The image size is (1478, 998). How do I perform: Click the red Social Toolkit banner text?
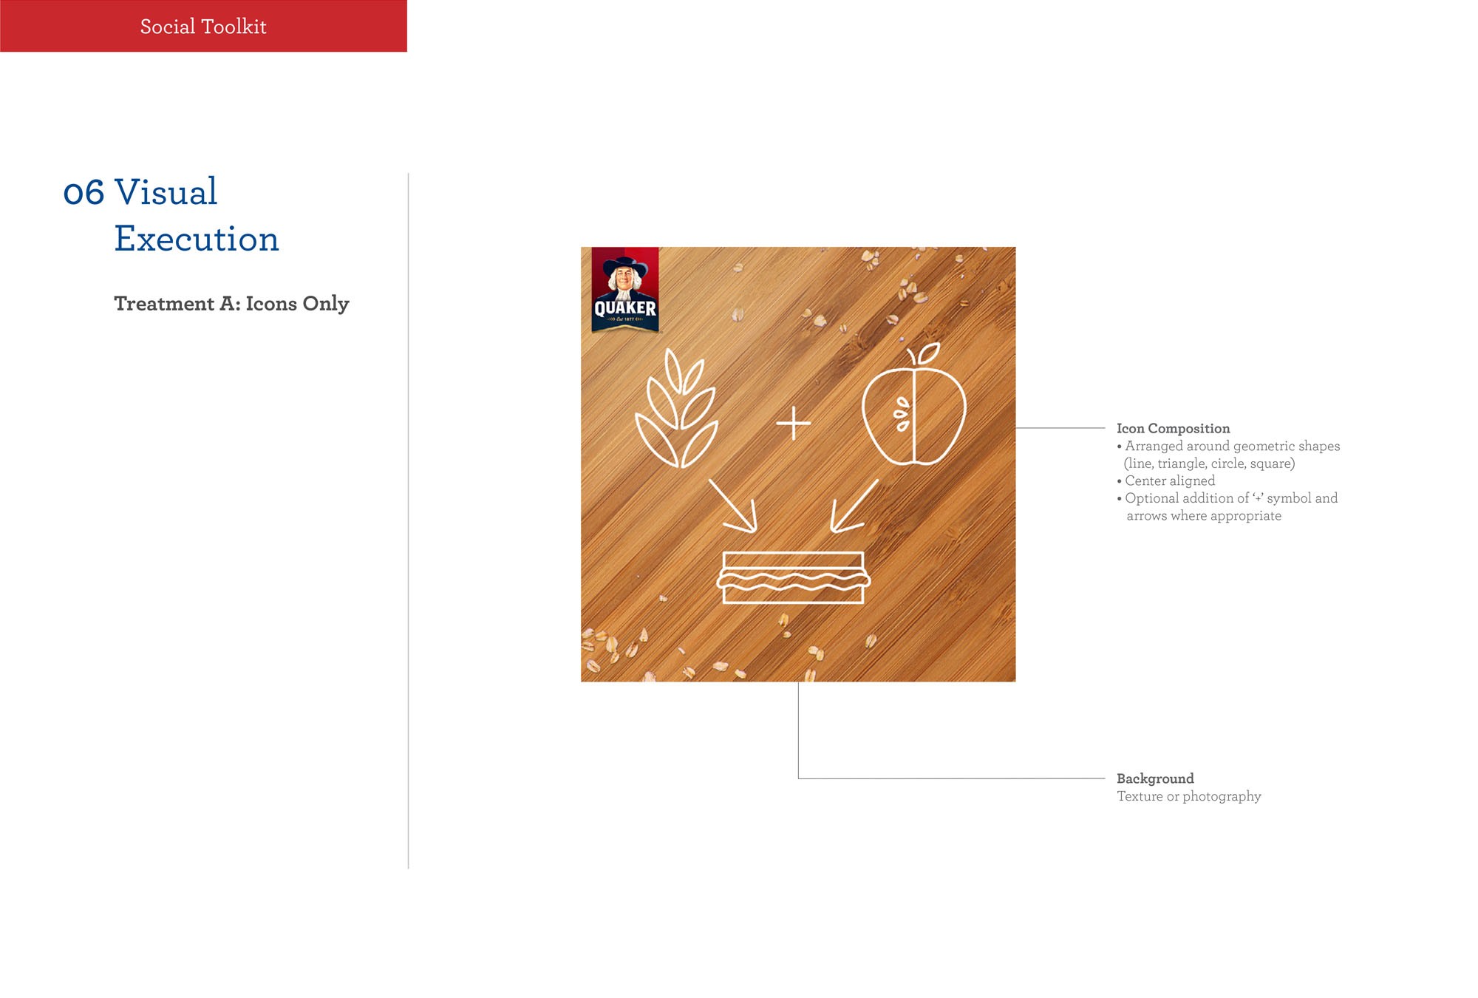pyautogui.click(x=203, y=27)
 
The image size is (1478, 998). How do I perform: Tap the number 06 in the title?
pyautogui.click(x=84, y=193)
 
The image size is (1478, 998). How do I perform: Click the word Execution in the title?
pyautogui.click(x=197, y=239)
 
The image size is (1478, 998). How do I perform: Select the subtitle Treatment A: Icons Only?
pyautogui.click(x=231, y=304)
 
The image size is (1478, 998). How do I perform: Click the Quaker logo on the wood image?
pyautogui.click(x=625, y=289)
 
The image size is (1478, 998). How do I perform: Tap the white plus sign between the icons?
pyautogui.click(x=794, y=423)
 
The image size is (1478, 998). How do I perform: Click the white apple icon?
pyautogui.click(x=914, y=405)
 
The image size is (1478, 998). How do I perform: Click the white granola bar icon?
pyautogui.click(x=794, y=578)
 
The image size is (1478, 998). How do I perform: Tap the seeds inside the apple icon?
pyautogui.click(x=902, y=415)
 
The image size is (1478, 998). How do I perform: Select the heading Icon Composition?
pyautogui.click(x=1174, y=429)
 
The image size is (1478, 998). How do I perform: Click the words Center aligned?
pyautogui.click(x=1170, y=481)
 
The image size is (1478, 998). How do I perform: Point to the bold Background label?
pyautogui.click(x=1155, y=778)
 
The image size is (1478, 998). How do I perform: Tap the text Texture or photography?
pyautogui.click(x=1189, y=796)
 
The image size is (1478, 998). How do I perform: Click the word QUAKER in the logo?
pyautogui.click(x=625, y=308)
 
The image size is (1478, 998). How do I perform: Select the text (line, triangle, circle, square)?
pyautogui.click(x=1210, y=464)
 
